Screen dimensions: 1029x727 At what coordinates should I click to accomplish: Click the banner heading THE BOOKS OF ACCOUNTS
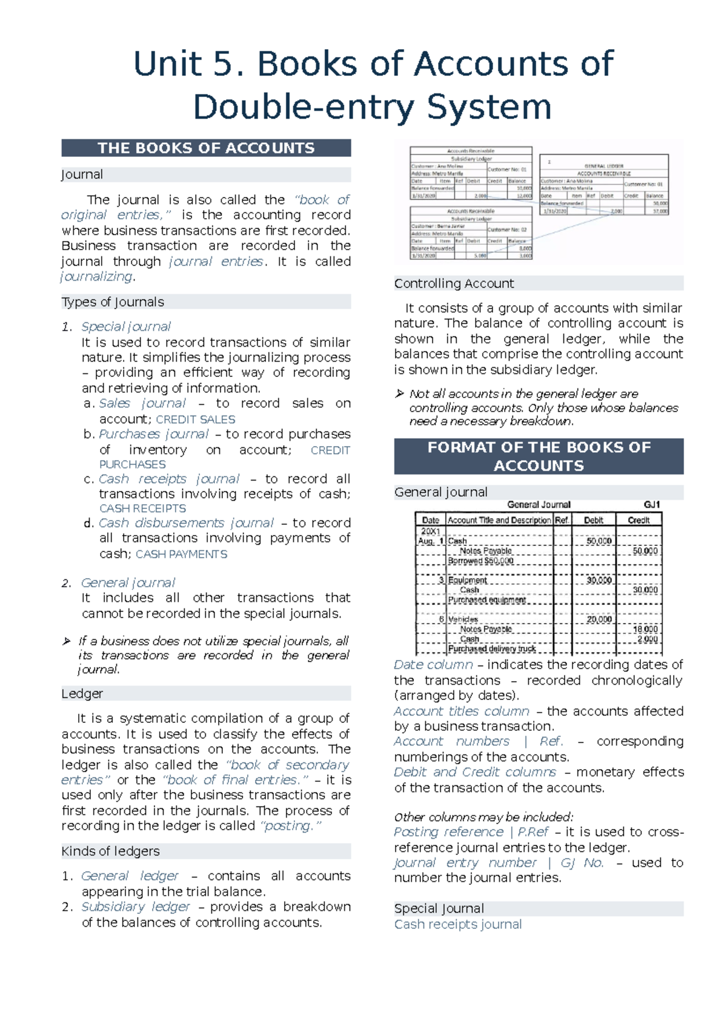(x=206, y=148)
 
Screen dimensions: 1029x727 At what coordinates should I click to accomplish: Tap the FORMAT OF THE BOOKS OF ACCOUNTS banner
(x=538, y=456)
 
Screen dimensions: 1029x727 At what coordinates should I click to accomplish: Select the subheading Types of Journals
(x=113, y=302)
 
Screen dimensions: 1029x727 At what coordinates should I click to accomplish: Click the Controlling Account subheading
(x=454, y=283)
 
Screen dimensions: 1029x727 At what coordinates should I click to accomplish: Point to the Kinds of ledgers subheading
(x=110, y=851)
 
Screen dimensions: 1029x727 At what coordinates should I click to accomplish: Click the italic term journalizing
(x=97, y=276)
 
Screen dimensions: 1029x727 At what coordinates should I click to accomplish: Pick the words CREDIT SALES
(x=195, y=419)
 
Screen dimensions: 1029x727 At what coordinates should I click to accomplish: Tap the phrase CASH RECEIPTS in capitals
(x=142, y=508)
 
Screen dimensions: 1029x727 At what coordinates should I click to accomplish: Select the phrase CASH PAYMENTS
(x=181, y=554)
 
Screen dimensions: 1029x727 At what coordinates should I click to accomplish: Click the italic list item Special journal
(x=126, y=327)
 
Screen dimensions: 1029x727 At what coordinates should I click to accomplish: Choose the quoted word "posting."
(x=290, y=825)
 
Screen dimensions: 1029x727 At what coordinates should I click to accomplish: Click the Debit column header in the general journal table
(x=593, y=520)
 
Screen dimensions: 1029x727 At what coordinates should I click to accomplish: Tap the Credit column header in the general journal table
(x=639, y=520)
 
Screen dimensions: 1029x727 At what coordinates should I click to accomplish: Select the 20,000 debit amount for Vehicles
(x=599, y=619)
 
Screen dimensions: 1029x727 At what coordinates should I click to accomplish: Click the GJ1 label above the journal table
(x=652, y=504)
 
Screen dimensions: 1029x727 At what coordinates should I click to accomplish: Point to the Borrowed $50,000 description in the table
(x=480, y=561)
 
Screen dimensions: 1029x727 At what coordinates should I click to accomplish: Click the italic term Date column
(x=433, y=665)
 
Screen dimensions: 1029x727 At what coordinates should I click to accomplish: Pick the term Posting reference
(x=448, y=832)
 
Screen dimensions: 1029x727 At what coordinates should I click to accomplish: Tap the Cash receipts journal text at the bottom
(x=457, y=924)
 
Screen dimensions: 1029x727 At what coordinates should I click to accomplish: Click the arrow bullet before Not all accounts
(x=399, y=394)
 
